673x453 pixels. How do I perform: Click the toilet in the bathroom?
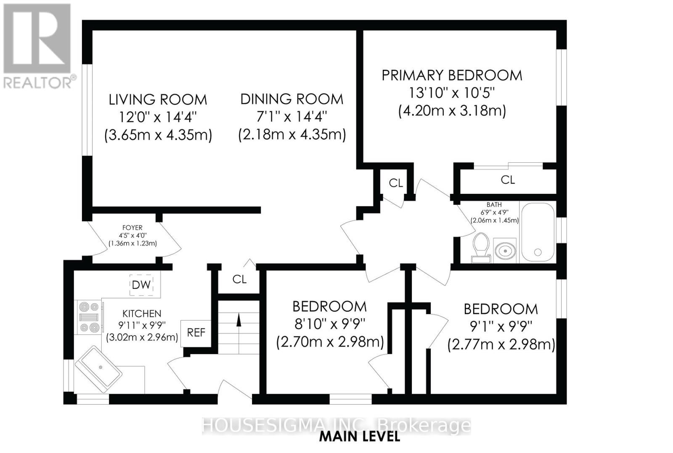tap(481, 248)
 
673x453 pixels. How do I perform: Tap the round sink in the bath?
tap(505, 250)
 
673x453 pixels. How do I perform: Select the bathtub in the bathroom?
tap(538, 232)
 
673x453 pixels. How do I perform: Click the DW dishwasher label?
tap(141, 285)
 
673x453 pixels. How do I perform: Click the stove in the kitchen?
tap(89, 317)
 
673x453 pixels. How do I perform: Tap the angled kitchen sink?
tap(98, 369)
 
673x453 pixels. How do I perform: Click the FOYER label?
tap(132, 228)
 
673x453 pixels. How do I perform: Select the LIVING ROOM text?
tap(158, 100)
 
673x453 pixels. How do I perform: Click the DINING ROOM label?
tap(292, 99)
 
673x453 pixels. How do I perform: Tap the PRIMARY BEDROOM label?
tap(452, 75)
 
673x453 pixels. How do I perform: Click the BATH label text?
tap(494, 205)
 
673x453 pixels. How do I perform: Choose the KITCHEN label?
tap(142, 314)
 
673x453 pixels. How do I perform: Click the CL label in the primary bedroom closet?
tap(508, 180)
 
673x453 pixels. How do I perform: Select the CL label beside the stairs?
tap(239, 279)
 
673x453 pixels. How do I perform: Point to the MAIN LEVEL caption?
tap(360, 437)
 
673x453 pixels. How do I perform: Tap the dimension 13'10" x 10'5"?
tap(452, 93)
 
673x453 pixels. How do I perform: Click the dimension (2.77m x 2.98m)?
tap(501, 344)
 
